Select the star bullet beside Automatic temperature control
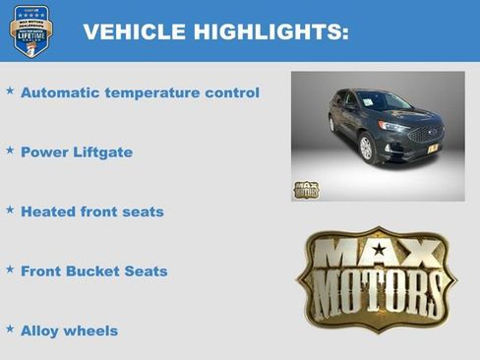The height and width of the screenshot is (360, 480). pos(10,90)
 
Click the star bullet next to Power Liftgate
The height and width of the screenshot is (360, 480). pos(10,150)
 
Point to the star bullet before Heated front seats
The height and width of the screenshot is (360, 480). pos(10,210)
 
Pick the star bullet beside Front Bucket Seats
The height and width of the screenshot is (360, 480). pos(10,269)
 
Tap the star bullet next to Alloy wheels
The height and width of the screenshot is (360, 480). pos(10,329)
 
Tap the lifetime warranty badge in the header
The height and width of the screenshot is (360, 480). pos(30,30)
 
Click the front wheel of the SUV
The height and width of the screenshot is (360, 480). pos(367,148)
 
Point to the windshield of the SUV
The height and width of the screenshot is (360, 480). pos(385,101)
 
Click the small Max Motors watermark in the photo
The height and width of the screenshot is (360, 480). pos(306,189)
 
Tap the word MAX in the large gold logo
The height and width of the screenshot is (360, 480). pos(377,255)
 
